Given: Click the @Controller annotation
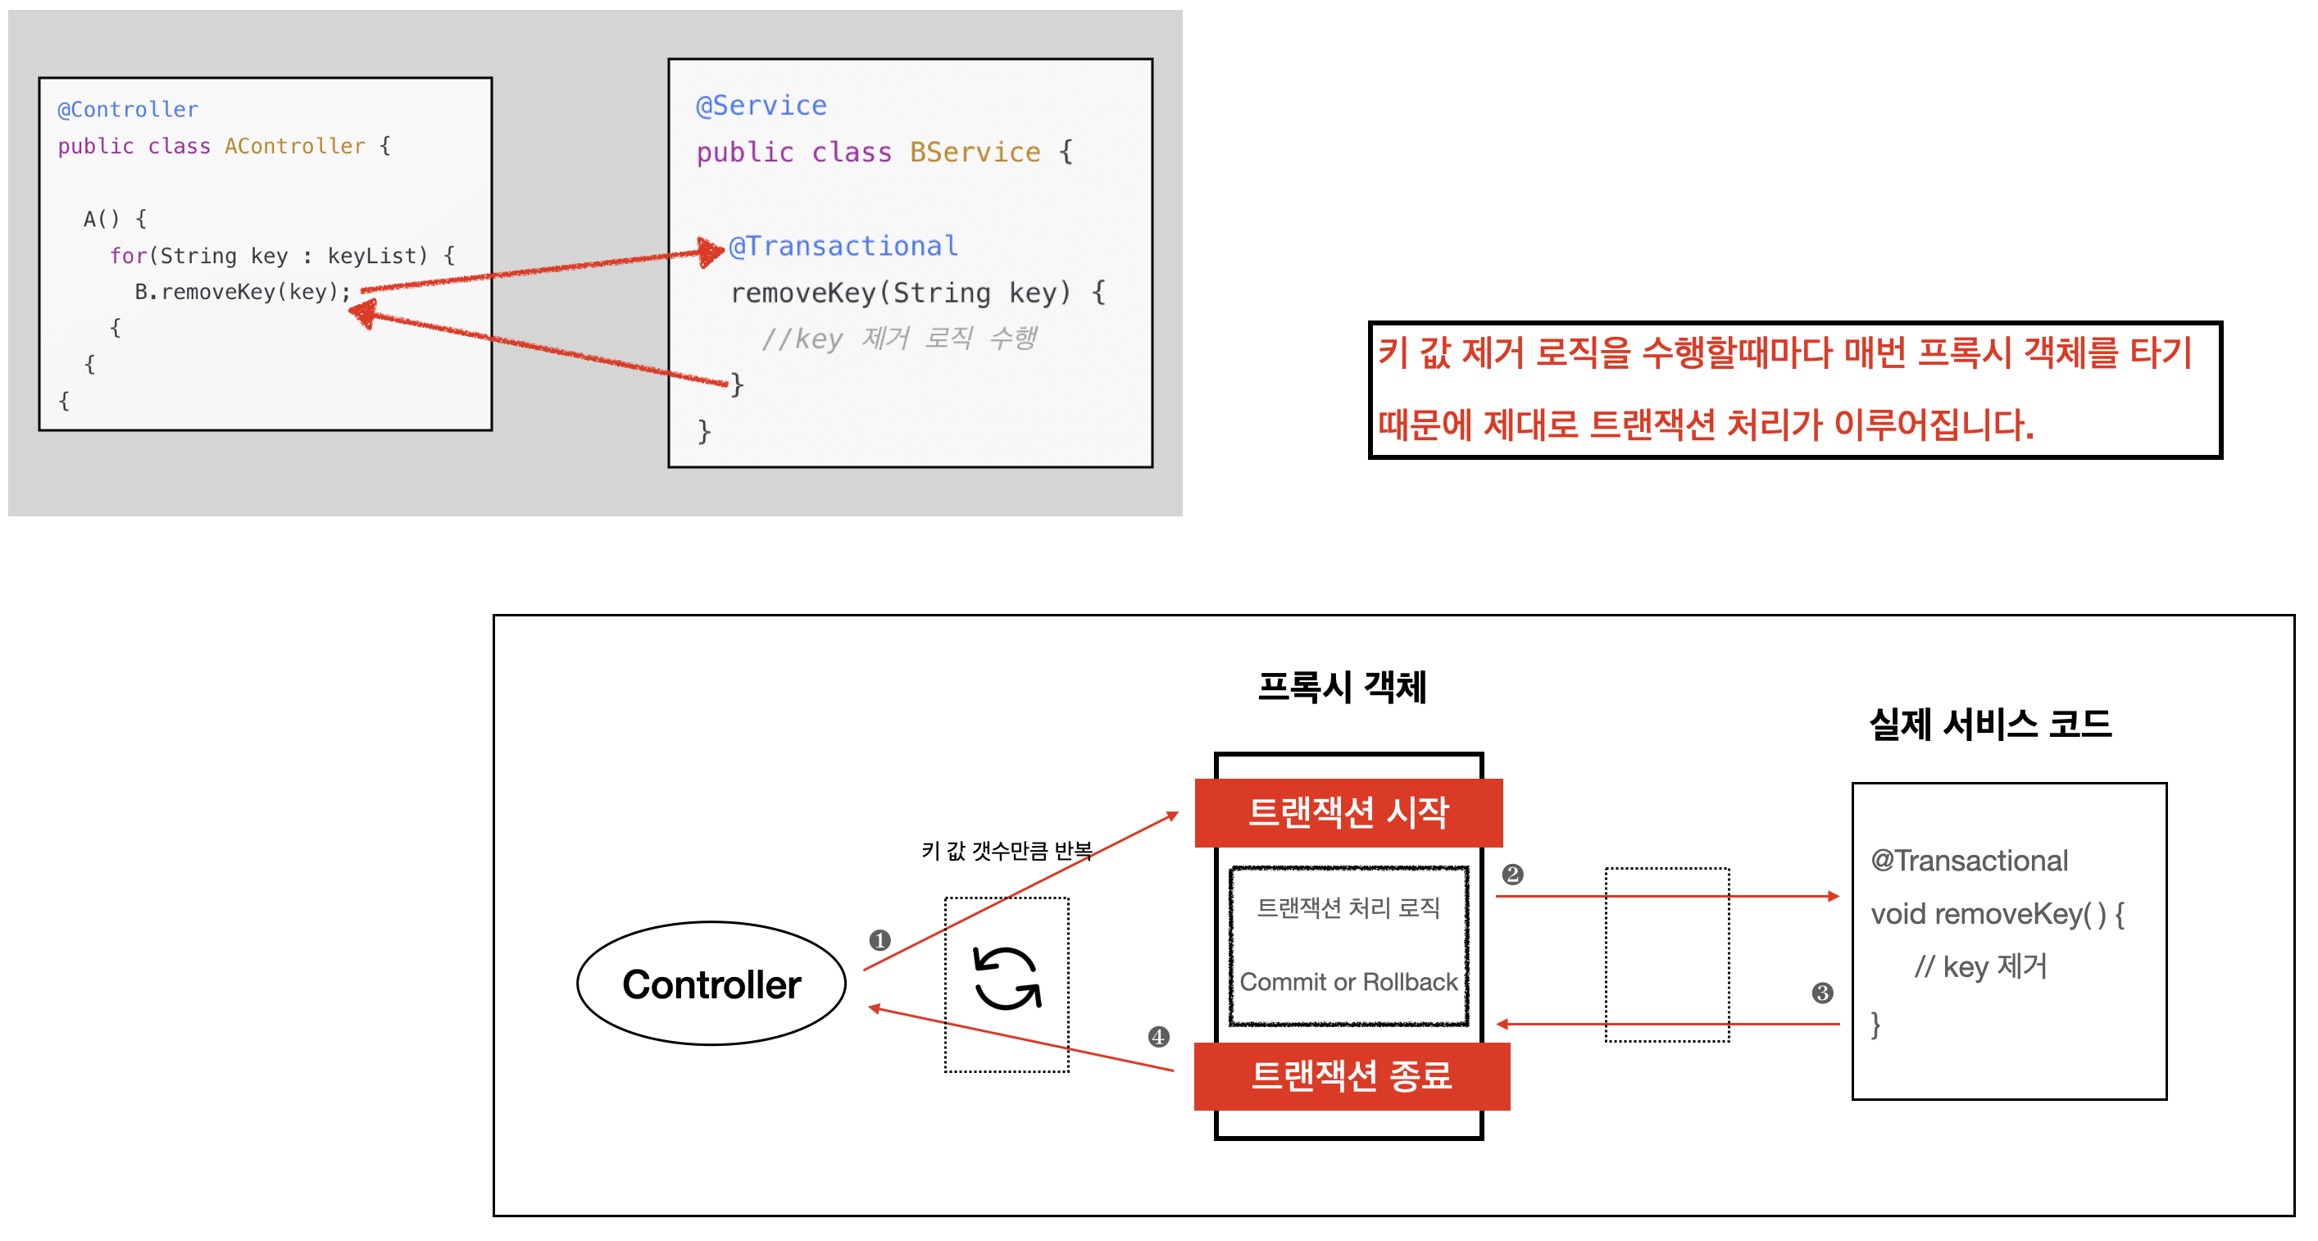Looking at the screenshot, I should [x=128, y=110].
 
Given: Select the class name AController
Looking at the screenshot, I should [x=295, y=146].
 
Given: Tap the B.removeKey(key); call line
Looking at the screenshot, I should [x=242, y=292].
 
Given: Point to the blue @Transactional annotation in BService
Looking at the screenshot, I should [x=843, y=246].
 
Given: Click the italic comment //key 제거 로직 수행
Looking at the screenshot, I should [x=899, y=339].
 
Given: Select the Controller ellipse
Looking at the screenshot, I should [x=711, y=984].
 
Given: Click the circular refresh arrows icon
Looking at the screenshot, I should [x=1007, y=980].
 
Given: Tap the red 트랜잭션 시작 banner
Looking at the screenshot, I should [x=1348, y=812].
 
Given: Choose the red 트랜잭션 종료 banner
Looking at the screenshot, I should [x=1351, y=1076].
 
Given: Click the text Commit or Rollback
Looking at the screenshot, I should [x=1348, y=982].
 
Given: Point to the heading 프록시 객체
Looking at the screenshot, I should [x=1342, y=688].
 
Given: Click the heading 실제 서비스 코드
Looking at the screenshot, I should [x=1989, y=725].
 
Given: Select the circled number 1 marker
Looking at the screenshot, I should [x=879, y=940].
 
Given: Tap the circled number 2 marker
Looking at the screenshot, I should [x=1512, y=875].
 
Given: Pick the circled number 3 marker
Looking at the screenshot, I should [x=1822, y=993].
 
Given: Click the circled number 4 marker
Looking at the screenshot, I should [x=1158, y=1037].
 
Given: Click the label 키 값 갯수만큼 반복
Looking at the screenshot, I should [x=1006, y=851].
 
